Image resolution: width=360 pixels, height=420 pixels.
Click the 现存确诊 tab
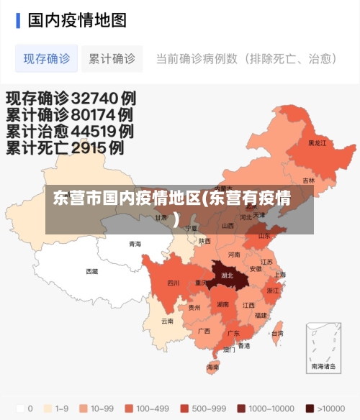tap(47, 59)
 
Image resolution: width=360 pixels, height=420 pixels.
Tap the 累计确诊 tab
tap(112, 59)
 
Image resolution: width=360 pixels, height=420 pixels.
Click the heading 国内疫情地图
tap(77, 19)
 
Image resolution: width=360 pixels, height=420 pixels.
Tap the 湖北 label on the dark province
tap(228, 275)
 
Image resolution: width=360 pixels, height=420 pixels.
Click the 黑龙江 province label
tap(317, 143)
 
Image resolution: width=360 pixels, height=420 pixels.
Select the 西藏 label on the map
tap(92, 271)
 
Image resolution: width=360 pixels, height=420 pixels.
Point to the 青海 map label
tap(135, 244)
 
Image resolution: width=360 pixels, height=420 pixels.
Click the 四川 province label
tap(174, 283)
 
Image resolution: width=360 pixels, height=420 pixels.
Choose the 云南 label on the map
tap(167, 321)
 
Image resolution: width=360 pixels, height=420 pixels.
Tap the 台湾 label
tap(276, 334)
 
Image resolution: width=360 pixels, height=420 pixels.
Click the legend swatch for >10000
tap(310, 408)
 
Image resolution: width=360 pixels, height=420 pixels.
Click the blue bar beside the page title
tap(18, 19)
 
